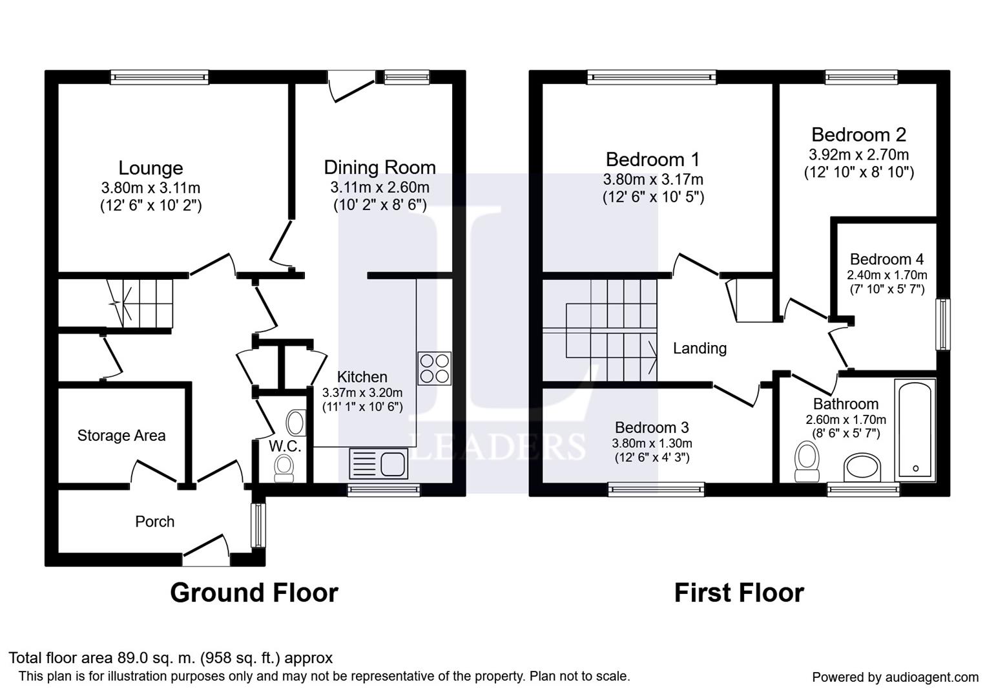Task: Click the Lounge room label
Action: coord(150,168)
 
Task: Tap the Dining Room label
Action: coord(380,168)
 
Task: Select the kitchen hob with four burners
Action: coord(434,368)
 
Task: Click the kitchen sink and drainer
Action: coord(379,463)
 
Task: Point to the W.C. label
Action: coord(285,446)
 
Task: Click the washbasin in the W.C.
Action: coord(295,423)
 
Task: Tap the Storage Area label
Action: coord(121,436)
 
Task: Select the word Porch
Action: coord(155,522)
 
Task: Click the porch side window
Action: coord(258,525)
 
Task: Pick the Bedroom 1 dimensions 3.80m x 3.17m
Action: coord(653,180)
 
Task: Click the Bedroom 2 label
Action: coord(859,135)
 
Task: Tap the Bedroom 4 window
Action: coord(942,324)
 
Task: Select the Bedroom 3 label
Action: coord(652,427)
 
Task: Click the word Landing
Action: coord(700,348)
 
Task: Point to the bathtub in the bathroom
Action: coord(915,430)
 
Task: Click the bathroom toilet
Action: coord(807,461)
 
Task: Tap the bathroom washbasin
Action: coord(862,467)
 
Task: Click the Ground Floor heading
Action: coord(254,593)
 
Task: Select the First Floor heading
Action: coord(740,593)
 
